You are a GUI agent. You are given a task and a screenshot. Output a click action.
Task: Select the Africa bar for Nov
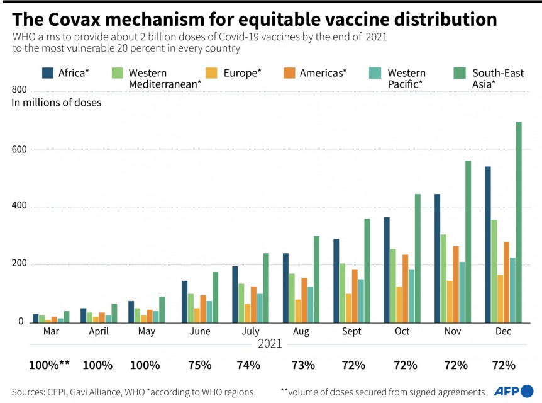coord(437,258)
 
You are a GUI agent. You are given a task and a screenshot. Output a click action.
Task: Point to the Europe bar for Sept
coord(349,307)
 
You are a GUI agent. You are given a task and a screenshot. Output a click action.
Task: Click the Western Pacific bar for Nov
coord(462,292)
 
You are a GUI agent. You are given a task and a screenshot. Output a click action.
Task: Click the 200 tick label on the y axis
coord(20,264)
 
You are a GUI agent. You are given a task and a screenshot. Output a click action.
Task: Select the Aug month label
coord(301,331)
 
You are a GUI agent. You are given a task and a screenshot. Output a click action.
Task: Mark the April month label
coord(99,331)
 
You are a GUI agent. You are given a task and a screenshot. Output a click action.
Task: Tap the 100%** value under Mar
coord(49,365)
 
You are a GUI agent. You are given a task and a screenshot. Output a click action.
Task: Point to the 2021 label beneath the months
coord(270,344)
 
